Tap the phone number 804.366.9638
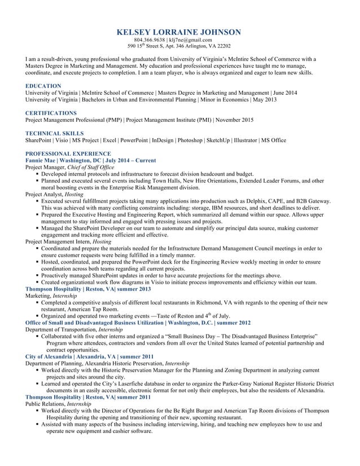tap(151, 40)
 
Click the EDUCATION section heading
tap(43, 86)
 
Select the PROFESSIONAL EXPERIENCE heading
tap(68, 153)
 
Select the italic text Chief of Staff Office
tap(90, 168)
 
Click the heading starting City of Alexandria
tap(49, 357)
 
